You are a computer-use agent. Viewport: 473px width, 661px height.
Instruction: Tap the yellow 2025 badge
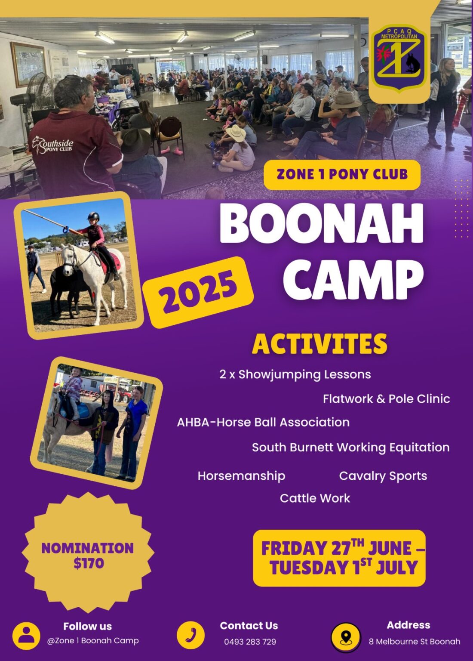pos(198,292)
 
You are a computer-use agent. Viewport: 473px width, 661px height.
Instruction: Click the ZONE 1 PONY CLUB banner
pos(342,174)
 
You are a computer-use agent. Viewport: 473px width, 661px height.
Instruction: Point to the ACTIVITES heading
pos(319,344)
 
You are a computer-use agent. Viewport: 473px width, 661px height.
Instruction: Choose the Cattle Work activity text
pos(315,498)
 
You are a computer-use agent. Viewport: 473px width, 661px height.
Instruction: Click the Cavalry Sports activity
pos(383,476)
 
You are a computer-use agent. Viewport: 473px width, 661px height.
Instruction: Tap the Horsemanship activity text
pos(241,476)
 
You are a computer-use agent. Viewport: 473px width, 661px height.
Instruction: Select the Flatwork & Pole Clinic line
pos(386,399)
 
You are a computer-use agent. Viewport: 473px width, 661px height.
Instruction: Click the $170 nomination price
pos(89,563)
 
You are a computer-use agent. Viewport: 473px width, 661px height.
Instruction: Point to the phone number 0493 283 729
pos(250,642)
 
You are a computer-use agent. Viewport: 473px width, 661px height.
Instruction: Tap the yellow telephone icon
pos(191,635)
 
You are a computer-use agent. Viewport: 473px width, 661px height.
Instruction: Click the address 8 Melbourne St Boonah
pos(415,642)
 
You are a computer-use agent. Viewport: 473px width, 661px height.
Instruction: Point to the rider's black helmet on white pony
pos(93,216)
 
